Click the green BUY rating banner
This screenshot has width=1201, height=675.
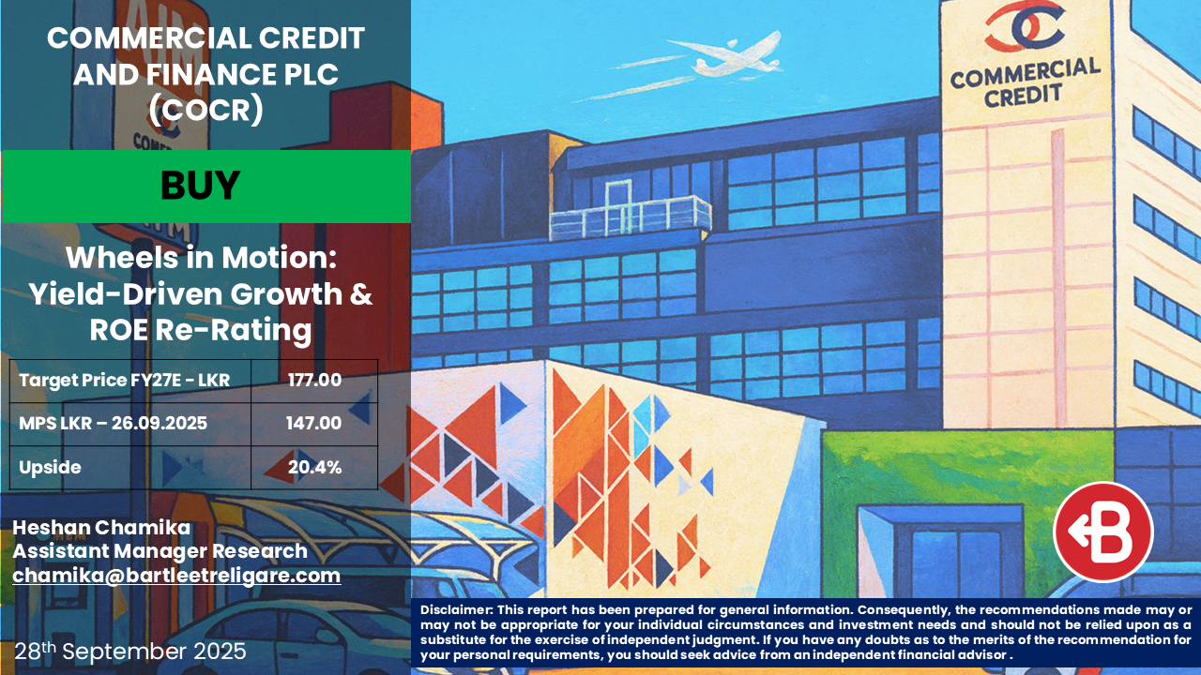(x=206, y=187)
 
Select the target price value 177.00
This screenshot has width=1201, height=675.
(x=314, y=381)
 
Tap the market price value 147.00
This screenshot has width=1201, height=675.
(x=313, y=423)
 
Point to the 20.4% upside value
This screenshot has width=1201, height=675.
(x=314, y=467)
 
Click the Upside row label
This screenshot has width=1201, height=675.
(x=50, y=468)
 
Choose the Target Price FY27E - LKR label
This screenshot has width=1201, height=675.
(x=125, y=381)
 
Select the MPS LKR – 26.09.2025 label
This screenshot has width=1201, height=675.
(x=114, y=423)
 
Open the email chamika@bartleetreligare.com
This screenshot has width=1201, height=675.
(x=176, y=576)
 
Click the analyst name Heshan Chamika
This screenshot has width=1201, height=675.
(x=101, y=528)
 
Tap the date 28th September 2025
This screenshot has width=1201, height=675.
(x=130, y=652)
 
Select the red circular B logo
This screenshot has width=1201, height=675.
(x=1103, y=532)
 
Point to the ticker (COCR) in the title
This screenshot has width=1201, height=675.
(x=205, y=111)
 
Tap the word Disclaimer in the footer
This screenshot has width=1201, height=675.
(x=456, y=609)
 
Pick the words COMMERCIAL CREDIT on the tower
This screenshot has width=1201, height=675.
(x=1025, y=82)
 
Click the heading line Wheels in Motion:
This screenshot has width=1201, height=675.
(x=201, y=258)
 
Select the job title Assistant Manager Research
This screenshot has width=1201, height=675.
(x=160, y=551)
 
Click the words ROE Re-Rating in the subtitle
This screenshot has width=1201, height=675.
(x=201, y=330)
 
